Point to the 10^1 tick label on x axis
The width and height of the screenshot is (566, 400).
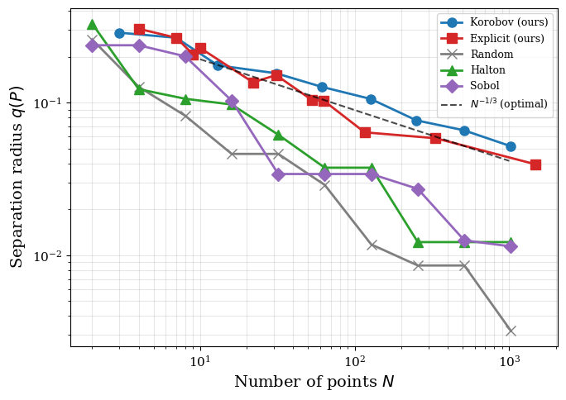click(199, 362)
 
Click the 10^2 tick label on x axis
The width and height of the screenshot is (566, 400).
click(355, 362)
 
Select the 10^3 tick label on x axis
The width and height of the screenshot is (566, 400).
click(510, 362)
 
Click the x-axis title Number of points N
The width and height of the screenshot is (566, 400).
click(314, 382)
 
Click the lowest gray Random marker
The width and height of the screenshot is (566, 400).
click(511, 331)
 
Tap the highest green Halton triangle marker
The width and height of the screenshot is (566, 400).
click(92, 25)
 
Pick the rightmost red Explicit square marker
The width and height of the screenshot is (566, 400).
click(535, 164)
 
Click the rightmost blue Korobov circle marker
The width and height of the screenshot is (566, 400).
click(511, 146)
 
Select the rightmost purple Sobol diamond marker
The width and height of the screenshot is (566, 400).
click(511, 246)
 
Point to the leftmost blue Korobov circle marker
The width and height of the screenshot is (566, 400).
click(119, 33)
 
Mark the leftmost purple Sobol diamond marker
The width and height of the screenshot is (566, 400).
click(92, 45)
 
